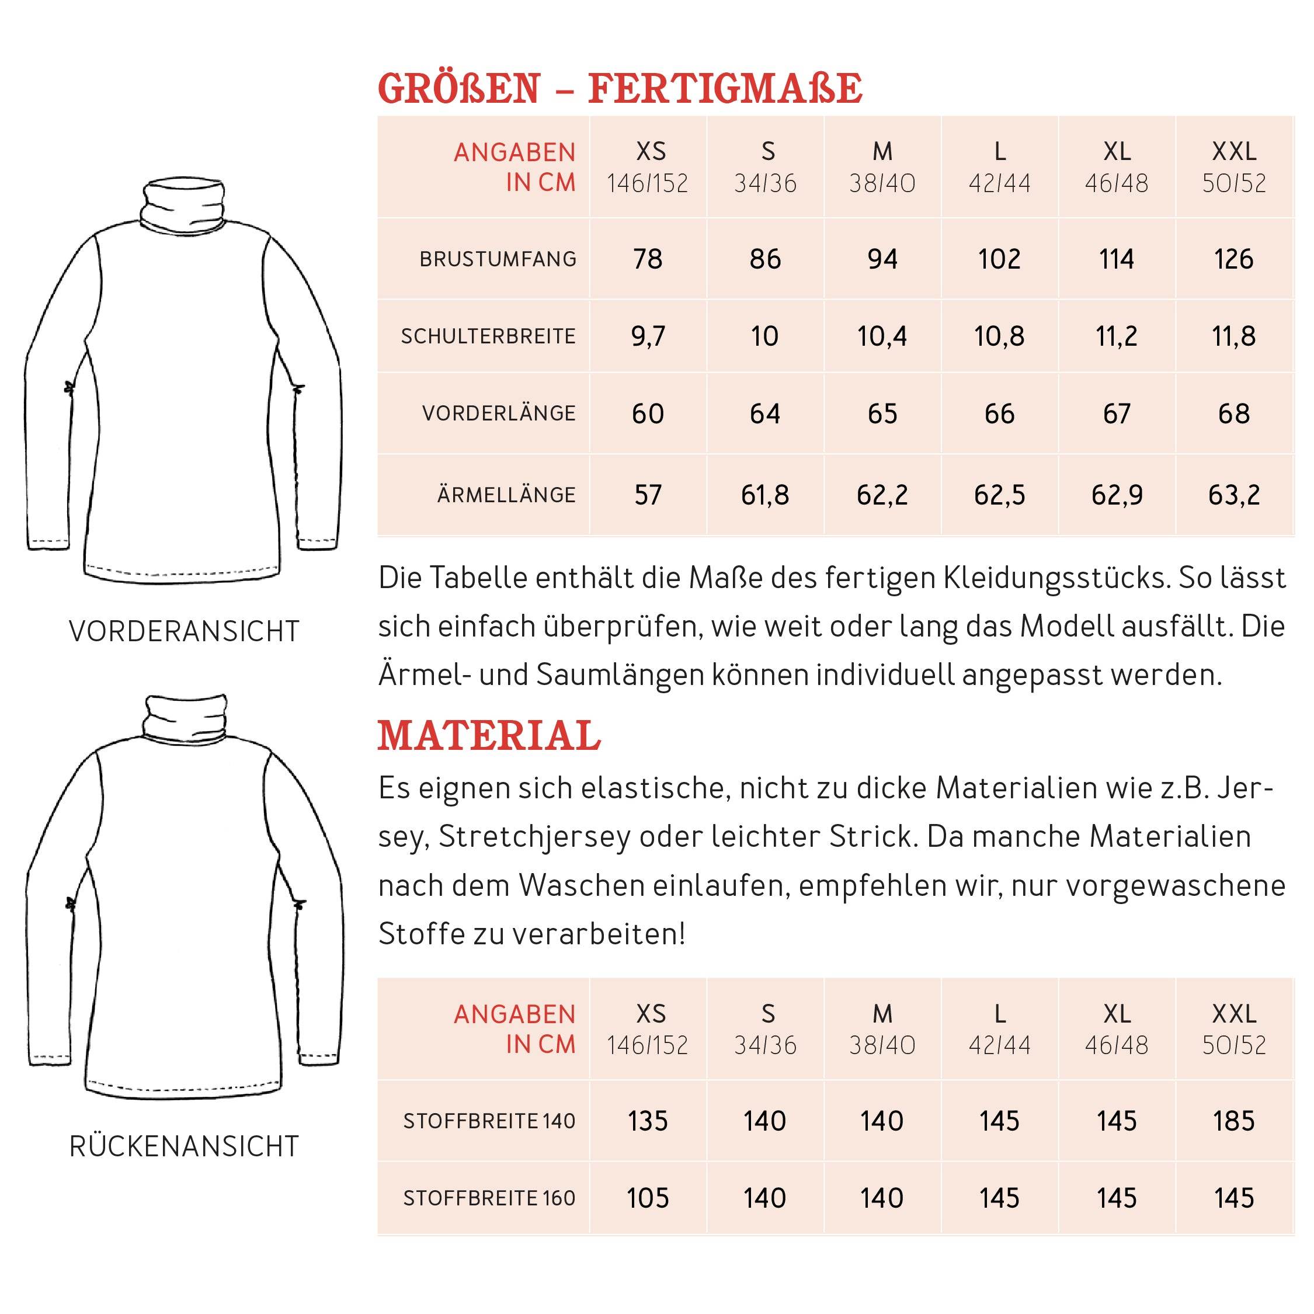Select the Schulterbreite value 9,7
(648, 336)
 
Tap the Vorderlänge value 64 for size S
(764, 413)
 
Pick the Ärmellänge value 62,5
(999, 495)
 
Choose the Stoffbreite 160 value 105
(648, 1198)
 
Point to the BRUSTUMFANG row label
(498, 259)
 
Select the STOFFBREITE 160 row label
(489, 1198)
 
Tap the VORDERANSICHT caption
(183, 631)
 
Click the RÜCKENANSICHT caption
(183, 1146)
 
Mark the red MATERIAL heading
(489, 736)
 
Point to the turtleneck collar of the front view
(183, 203)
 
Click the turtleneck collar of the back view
(185, 718)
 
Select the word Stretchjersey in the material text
(534, 836)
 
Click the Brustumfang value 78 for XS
(648, 259)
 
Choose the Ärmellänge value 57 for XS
(648, 495)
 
